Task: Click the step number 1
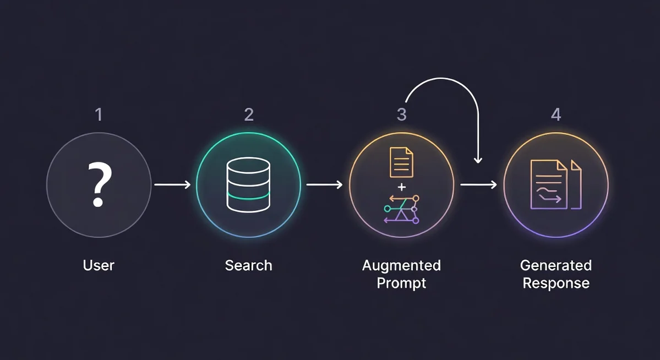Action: [x=99, y=114]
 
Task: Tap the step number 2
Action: [x=249, y=114]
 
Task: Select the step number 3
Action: [x=402, y=114]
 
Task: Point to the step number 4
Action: [x=556, y=114]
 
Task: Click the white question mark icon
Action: [x=99, y=184]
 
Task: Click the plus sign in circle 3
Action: [x=402, y=187]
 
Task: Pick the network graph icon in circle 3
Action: [x=401, y=209]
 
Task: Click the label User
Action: [x=99, y=265]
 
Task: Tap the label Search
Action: [x=249, y=265]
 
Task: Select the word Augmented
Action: [x=401, y=265]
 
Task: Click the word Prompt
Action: [x=401, y=283]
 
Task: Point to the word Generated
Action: [x=556, y=265]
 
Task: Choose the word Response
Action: [x=556, y=283]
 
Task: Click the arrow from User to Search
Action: [x=172, y=185]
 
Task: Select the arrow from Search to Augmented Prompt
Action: [x=324, y=185]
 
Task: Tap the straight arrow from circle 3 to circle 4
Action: [x=478, y=185]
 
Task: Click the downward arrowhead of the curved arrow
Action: [x=478, y=160]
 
